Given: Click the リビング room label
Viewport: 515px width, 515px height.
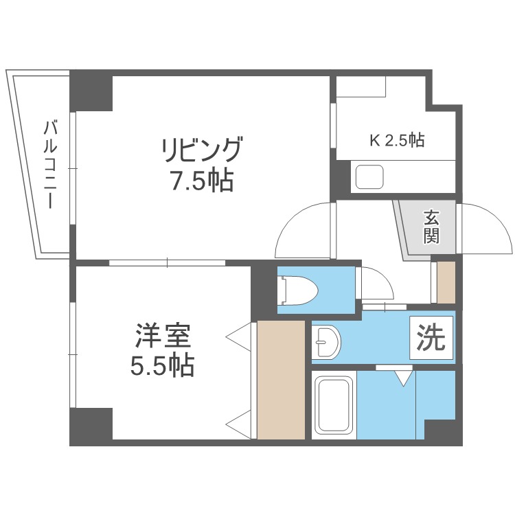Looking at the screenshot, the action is [201, 150].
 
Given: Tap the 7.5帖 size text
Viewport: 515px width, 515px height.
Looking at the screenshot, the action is [201, 181].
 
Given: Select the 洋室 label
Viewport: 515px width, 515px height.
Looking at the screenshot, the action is [163, 336].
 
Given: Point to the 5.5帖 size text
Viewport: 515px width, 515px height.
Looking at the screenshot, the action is [163, 365].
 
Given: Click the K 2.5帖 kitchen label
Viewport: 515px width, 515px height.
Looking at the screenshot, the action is [397, 140].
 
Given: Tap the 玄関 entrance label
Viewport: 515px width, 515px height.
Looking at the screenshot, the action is [431, 226].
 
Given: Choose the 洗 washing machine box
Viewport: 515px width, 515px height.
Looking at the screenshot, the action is [431, 338].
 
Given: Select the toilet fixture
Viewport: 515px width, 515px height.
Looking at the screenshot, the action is [298, 290].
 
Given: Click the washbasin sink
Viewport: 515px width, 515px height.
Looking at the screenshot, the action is [326, 342].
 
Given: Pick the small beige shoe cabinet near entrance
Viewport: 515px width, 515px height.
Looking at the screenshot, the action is [446, 282].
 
